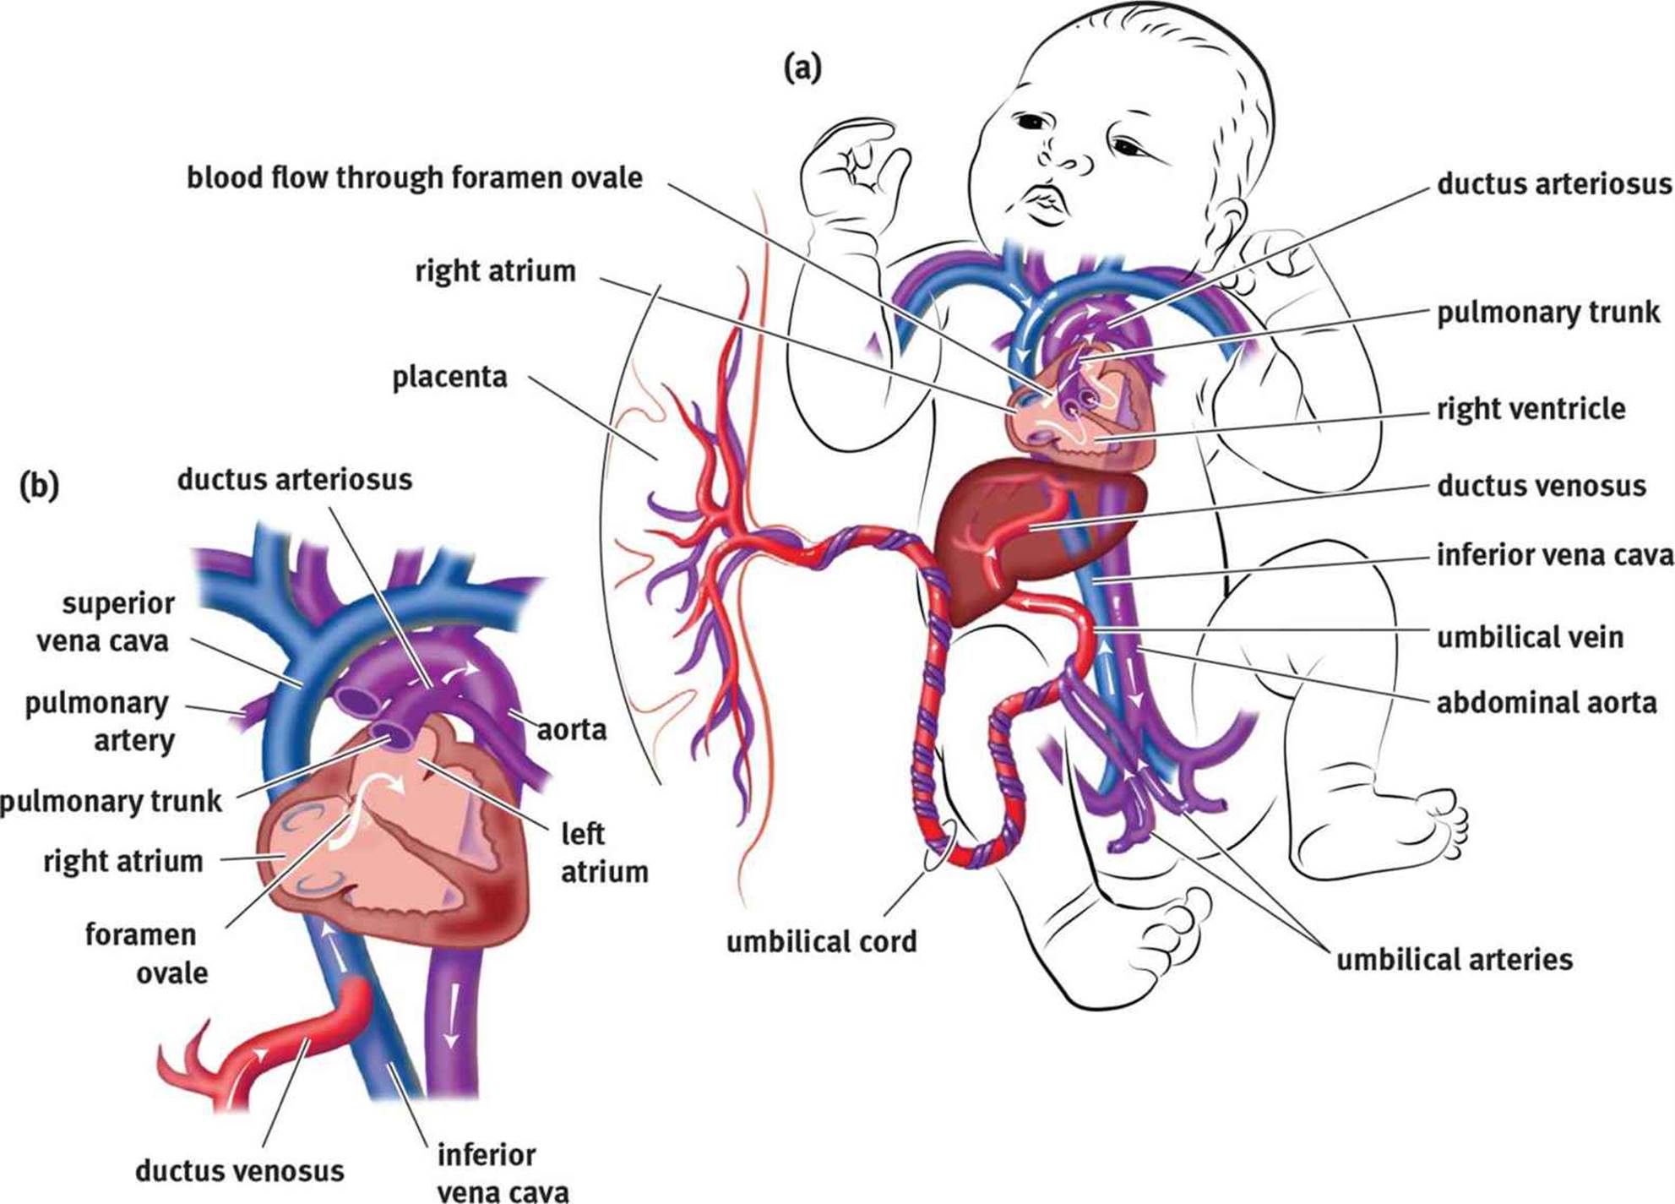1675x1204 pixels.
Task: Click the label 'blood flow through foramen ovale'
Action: pyautogui.click(x=414, y=179)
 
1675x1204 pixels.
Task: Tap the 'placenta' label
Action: pyautogui.click(x=449, y=378)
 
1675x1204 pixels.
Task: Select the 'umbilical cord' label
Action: pyautogui.click(x=821, y=941)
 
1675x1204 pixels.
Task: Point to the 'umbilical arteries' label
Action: pyautogui.click(x=1454, y=960)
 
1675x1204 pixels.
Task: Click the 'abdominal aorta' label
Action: pyautogui.click(x=1547, y=703)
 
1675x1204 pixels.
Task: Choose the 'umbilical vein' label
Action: pyautogui.click(x=1530, y=637)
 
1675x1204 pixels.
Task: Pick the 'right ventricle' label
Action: pyautogui.click(x=1531, y=409)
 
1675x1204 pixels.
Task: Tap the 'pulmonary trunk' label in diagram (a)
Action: pyautogui.click(x=1548, y=313)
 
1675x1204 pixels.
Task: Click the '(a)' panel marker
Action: pyautogui.click(x=802, y=67)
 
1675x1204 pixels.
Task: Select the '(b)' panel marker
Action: pyautogui.click(x=39, y=486)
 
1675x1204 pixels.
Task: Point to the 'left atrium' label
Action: pyautogui.click(x=604, y=853)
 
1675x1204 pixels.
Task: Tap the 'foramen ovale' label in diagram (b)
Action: pyautogui.click(x=147, y=954)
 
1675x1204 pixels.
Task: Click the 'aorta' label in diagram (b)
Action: pyautogui.click(x=572, y=729)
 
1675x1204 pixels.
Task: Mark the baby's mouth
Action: pyautogui.click(x=1045, y=205)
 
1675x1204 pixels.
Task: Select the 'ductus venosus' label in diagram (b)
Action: pyautogui.click(x=239, y=1171)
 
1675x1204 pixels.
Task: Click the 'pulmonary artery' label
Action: pyautogui.click(x=99, y=722)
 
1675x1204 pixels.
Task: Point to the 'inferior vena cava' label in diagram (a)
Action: pyautogui.click(x=1554, y=555)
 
